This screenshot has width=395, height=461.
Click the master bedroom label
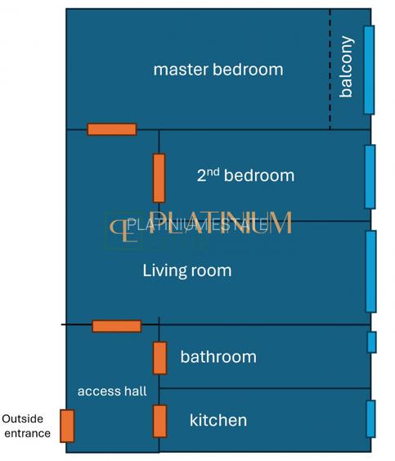tap(218, 70)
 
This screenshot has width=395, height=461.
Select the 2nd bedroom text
tap(245, 175)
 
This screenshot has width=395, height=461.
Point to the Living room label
tap(186, 270)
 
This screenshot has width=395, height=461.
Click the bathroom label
tap(218, 357)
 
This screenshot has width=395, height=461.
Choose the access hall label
tap(112, 391)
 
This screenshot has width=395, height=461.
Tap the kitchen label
tap(218, 421)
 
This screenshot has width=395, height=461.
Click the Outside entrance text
tap(26, 426)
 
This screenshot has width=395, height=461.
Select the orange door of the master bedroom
tap(112, 129)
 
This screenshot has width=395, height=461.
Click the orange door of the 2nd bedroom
tap(159, 178)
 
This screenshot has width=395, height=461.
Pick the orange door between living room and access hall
tap(116, 326)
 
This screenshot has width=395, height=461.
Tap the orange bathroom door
tap(159, 358)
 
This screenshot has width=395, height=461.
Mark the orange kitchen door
tap(159, 421)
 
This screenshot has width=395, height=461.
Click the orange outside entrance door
tap(67, 426)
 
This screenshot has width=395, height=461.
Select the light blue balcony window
tap(369, 70)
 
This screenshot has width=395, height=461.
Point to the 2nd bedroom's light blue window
tap(370, 177)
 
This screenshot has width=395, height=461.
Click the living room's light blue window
tap(370, 271)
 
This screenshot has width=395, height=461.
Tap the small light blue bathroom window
tap(371, 342)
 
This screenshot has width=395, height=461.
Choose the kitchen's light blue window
tap(370, 418)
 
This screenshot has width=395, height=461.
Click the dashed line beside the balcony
tap(330, 70)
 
